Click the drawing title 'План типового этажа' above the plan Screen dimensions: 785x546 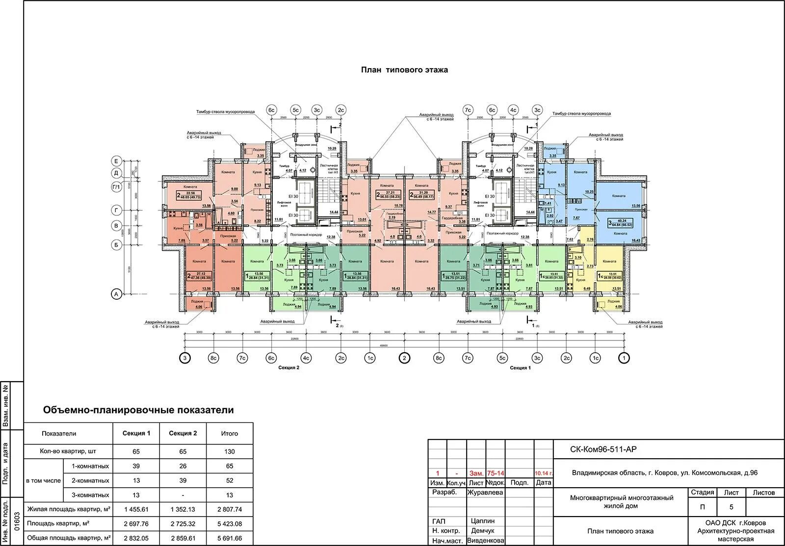point(404,70)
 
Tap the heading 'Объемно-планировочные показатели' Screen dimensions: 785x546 point(138,410)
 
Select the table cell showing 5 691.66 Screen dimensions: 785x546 point(229,538)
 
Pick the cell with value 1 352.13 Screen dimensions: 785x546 point(183,509)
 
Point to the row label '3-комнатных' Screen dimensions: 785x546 point(90,495)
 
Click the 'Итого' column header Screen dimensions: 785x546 point(229,433)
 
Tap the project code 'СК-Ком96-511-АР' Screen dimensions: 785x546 point(603,449)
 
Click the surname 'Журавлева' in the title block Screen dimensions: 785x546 point(485,493)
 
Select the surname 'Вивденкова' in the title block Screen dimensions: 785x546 point(485,540)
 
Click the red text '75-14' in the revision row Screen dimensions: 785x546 point(495,473)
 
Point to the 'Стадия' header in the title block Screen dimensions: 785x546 point(703,493)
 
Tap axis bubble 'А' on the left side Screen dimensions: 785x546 point(116,294)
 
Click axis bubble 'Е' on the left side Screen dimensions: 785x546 point(116,161)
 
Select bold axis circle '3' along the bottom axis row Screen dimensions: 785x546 point(185,358)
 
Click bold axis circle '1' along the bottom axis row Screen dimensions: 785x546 point(624,358)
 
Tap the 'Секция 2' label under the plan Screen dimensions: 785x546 point(288,367)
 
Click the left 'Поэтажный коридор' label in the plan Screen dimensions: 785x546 point(306,235)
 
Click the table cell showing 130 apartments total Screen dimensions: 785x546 point(229,451)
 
